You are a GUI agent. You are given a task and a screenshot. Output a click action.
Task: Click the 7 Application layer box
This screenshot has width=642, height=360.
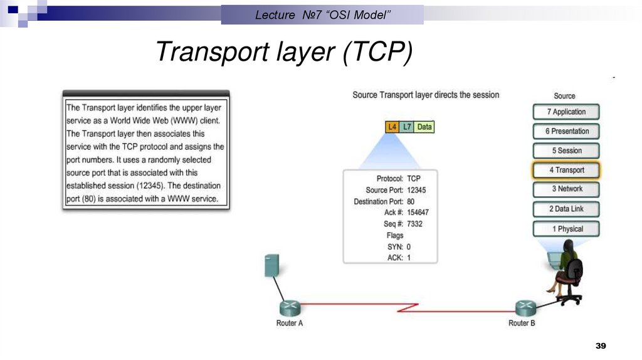(x=566, y=112)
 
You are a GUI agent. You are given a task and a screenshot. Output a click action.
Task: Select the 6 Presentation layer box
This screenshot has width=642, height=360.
(x=566, y=132)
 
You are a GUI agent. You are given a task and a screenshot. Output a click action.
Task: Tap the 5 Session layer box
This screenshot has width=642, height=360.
(x=566, y=151)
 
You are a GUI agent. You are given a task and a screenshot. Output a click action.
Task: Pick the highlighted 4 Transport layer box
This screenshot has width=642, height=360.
(x=566, y=170)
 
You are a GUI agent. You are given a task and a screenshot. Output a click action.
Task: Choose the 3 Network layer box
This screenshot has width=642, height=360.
(x=566, y=189)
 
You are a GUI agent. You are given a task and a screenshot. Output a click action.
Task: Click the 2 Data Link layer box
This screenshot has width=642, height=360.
(x=566, y=209)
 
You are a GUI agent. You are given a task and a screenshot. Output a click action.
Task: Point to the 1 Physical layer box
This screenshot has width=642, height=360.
(x=566, y=229)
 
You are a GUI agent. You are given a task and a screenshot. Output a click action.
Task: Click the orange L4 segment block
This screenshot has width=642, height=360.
(x=392, y=127)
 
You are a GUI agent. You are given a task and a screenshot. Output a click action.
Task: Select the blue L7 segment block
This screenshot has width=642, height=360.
(x=407, y=127)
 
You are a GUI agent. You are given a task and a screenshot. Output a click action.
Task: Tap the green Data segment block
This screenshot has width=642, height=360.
(x=424, y=127)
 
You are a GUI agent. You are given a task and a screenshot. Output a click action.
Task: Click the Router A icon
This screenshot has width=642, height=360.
(x=290, y=308)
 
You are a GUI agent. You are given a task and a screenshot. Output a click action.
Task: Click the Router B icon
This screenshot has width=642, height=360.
(x=525, y=308)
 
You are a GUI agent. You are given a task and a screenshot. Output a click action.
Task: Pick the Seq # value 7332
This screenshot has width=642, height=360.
(x=416, y=224)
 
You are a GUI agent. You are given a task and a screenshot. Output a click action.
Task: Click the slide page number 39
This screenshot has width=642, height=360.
(x=601, y=347)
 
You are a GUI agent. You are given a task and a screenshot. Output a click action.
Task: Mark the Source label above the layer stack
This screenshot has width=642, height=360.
(x=564, y=96)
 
